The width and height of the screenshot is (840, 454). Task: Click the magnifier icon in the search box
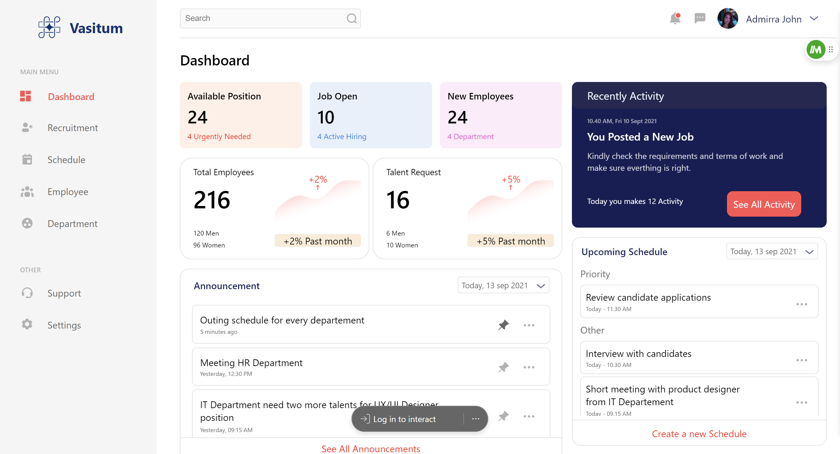click(x=352, y=18)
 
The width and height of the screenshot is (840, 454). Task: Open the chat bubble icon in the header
click(x=700, y=18)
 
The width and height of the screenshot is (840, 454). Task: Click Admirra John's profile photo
click(x=727, y=19)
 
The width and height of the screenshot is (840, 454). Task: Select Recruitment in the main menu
click(x=72, y=128)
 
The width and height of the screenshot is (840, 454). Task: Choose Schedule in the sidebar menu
click(x=66, y=160)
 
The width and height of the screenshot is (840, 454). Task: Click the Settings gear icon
click(x=27, y=325)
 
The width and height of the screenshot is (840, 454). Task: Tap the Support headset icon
click(x=27, y=293)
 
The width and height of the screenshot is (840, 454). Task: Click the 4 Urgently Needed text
click(x=219, y=136)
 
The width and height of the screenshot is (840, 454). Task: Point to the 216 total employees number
click(x=212, y=200)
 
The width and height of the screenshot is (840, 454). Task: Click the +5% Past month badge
click(x=510, y=241)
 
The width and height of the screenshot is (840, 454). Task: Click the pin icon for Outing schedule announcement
click(x=503, y=325)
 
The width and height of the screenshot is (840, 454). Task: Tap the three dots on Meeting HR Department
click(x=528, y=367)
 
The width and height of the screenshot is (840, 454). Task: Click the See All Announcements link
click(x=371, y=449)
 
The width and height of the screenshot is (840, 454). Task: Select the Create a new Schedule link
click(x=699, y=434)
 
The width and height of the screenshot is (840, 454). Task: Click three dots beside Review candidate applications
click(x=801, y=304)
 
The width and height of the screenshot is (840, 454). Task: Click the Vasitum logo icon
click(x=49, y=28)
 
